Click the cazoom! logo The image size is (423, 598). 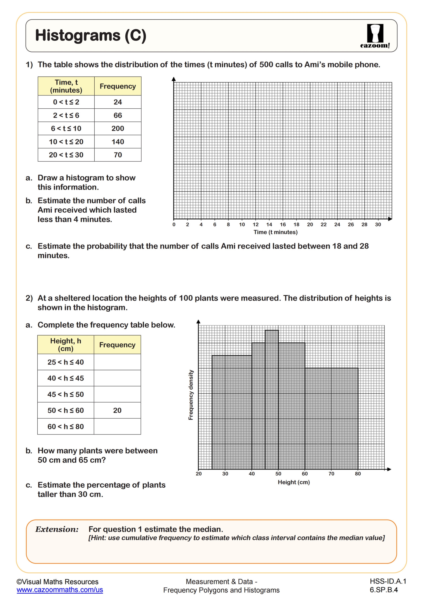pyautogui.click(x=375, y=36)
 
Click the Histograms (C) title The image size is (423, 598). pyautogui.click(x=91, y=36)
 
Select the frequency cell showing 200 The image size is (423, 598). pyautogui.click(x=118, y=128)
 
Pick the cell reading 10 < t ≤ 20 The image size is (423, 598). pyautogui.click(x=66, y=142)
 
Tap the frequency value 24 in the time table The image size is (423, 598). pyautogui.click(x=118, y=102)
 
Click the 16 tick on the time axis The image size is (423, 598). pyautogui.click(x=283, y=224)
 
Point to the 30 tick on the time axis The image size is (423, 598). pyautogui.click(x=378, y=224)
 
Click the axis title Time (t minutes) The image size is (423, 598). pyautogui.click(x=276, y=232)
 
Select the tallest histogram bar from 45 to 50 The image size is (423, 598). pyautogui.click(x=272, y=399)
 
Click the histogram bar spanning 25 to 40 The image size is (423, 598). pyautogui.click(x=232, y=412)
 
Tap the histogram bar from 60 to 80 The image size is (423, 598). pyautogui.click(x=331, y=417)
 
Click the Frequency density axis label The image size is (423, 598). pyautogui.click(x=191, y=395)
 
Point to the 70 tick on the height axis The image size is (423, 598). pyautogui.click(x=331, y=474)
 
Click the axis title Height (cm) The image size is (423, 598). pyautogui.click(x=294, y=482)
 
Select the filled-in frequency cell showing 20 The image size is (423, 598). pyautogui.click(x=117, y=410)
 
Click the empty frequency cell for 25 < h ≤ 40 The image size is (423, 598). pyautogui.click(x=117, y=362)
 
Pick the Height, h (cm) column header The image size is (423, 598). pyautogui.click(x=66, y=345)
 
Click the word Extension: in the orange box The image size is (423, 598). pyautogui.click(x=57, y=530)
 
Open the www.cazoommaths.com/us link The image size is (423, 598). pyautogui.click(x=60, y=590)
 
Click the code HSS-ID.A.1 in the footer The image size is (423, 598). pyautogui.click(x=388, y=581)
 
